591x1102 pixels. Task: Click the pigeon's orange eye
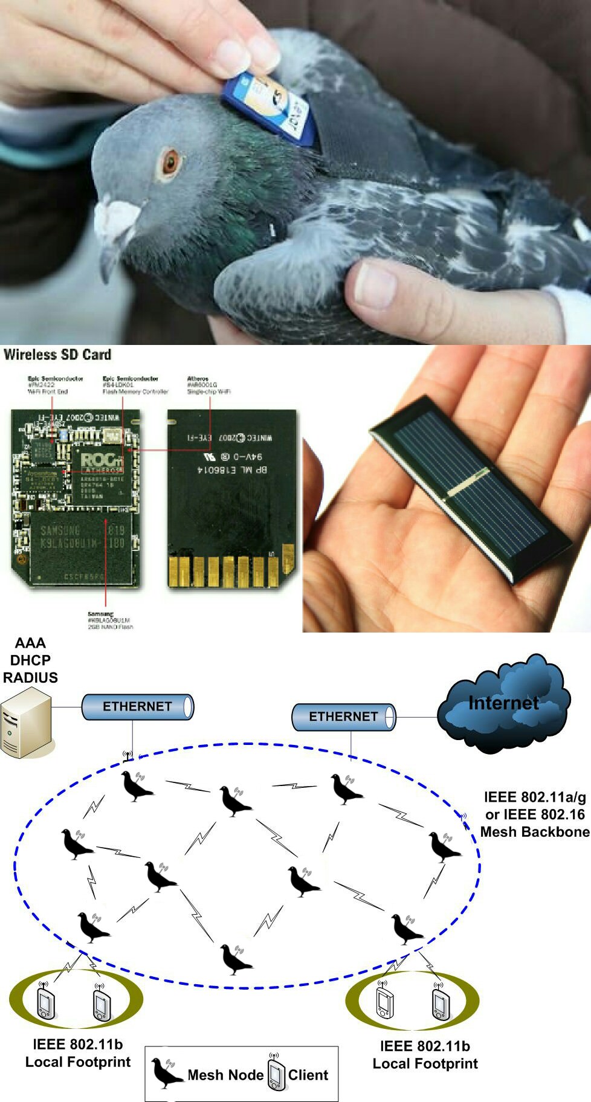click(170, 162)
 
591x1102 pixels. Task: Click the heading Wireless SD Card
click(57, 355)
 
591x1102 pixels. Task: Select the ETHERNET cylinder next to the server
click(137, 707)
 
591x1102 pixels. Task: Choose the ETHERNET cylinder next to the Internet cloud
click(343, 717)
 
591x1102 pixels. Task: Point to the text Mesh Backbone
click(534, 832)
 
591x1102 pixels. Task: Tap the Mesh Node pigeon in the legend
click(165, 1073)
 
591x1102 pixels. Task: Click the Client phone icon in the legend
click(276, 1074)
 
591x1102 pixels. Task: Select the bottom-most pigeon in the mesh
click(234, 959)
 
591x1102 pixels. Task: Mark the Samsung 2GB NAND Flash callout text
click(109, 620)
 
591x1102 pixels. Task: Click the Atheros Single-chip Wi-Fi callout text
click(208, 385)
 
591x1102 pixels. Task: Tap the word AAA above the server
click(30, 643)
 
